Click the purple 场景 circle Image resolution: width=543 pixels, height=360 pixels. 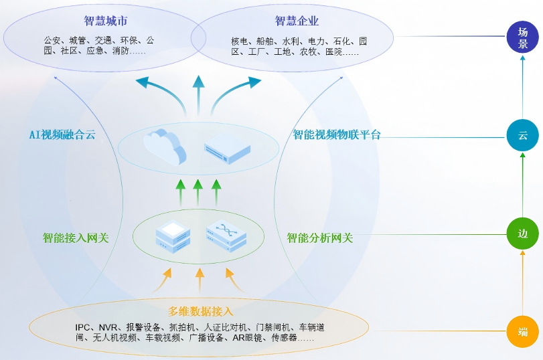(523, 38)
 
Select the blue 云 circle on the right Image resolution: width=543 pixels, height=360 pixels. (523, 136)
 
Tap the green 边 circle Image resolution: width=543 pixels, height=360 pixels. (523, 234)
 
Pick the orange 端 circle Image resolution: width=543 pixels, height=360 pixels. (523, 331)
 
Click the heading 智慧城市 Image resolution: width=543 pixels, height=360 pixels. (106, 21)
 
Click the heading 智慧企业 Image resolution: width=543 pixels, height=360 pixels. (297, 21)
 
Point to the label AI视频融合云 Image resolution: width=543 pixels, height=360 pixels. (62, 134)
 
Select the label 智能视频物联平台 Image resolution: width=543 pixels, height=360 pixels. (337, 134)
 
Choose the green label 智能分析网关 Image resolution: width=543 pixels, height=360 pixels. (320, 238)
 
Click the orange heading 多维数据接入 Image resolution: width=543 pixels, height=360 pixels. (201, 311)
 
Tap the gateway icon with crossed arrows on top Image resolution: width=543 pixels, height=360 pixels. (226, 236)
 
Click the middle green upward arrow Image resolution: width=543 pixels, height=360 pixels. (198, 192)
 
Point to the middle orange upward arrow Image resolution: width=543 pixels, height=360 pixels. (199, 280)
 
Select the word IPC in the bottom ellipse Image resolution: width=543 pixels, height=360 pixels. (83, 327)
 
